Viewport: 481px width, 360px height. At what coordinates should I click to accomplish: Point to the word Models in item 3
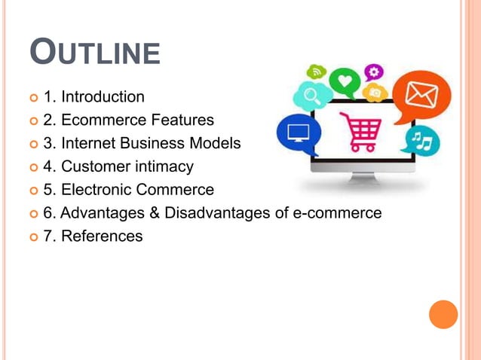point(219,143)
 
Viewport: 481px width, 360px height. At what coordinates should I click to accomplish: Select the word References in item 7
point(102,236)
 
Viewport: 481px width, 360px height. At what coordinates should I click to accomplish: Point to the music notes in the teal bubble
point(421,140)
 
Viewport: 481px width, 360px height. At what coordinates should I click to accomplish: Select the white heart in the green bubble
point(345,79)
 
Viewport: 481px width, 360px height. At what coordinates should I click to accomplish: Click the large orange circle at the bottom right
point(443,315)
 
